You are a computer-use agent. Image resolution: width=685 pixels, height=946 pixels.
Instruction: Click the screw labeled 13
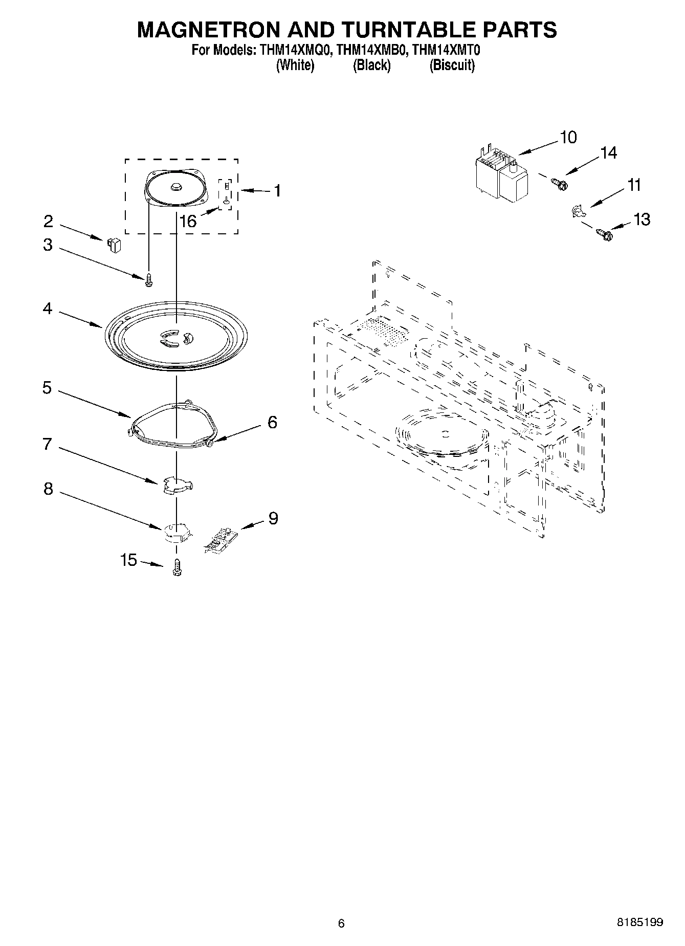click(604, 235)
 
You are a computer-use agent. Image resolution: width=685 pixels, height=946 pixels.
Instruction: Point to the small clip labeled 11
click(577, 210)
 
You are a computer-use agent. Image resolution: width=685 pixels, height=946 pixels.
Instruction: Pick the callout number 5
click(47, 388)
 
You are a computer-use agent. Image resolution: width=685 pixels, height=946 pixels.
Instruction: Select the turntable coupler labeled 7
click(176, 485)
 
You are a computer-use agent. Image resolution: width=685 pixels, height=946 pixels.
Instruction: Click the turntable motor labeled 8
click(177, 532)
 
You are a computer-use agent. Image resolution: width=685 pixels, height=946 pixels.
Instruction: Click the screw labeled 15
click(178, 568)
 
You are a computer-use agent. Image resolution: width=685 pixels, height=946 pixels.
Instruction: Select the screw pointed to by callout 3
click(149, 279)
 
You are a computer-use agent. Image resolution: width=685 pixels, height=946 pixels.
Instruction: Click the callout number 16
click(188, 221)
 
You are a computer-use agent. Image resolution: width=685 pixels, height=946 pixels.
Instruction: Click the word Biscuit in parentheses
click(452, 65)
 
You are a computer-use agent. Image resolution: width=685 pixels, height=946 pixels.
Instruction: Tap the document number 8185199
click(639, 922)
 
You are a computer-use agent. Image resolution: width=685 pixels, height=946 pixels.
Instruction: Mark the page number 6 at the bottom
click(342, 923)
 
